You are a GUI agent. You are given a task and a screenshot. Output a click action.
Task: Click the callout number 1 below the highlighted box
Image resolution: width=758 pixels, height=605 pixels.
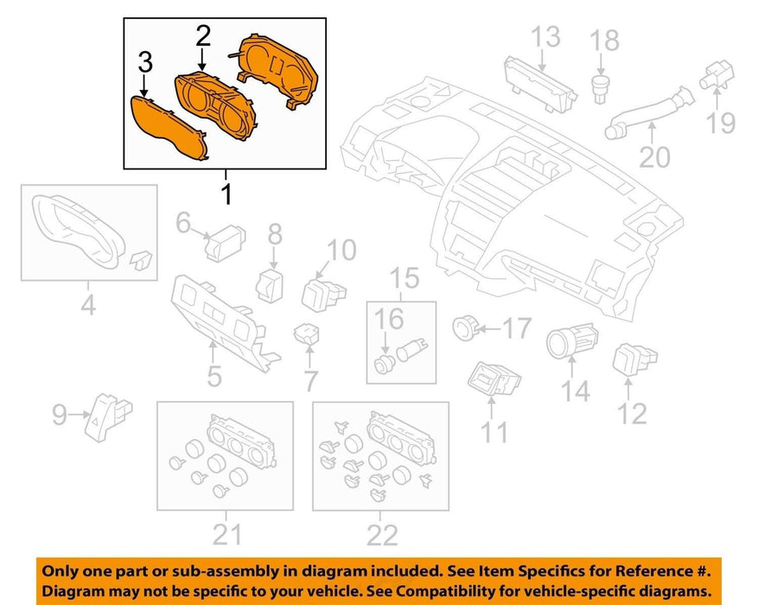pos(226,194)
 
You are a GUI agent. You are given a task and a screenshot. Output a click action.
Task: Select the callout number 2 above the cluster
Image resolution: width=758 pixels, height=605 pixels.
pos(203,36)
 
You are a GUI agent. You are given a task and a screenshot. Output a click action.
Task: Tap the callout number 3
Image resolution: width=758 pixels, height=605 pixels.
pos(145,62)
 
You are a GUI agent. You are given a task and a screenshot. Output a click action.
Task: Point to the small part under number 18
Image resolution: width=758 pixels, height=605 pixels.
pos(600,88)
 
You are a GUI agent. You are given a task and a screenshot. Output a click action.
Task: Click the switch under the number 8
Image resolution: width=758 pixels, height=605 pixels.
pos(270,286)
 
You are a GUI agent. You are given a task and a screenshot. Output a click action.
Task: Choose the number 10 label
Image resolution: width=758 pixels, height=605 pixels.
pos(341,250)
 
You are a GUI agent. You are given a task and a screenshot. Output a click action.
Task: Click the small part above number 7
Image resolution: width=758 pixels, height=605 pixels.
pos(307,334)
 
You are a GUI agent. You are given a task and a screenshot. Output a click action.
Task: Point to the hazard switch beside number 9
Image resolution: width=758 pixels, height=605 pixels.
pos(107,417)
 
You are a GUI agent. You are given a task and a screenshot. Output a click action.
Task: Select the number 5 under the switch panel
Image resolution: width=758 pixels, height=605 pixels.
pos(214,376)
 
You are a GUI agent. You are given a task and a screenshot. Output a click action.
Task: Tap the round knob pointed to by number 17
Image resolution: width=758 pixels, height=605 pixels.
pos(464,328)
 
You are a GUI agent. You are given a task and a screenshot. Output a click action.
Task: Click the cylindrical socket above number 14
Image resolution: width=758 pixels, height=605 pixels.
pos(572,341)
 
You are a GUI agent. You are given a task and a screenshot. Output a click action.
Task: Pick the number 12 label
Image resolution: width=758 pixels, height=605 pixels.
pos(632,414)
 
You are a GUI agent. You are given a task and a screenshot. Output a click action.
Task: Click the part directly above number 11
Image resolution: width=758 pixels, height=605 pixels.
pos(494,378)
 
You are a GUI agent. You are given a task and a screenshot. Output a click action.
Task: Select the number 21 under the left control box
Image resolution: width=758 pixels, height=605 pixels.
pos(226,534)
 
